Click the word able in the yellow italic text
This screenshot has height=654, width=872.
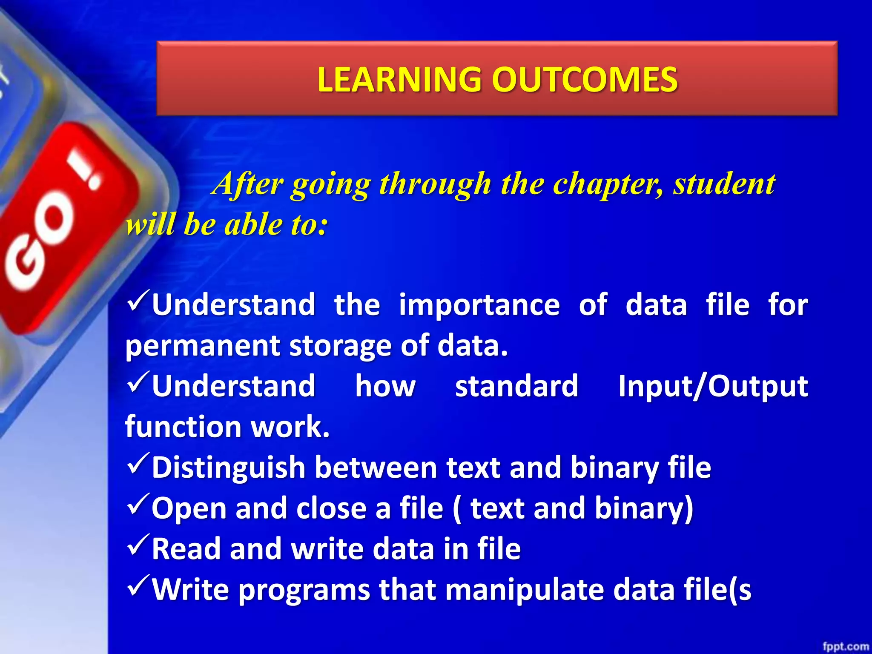(x=254, y=224)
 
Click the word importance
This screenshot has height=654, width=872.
(x=479, y=305)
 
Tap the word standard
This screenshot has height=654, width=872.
(x=516, y=386)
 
